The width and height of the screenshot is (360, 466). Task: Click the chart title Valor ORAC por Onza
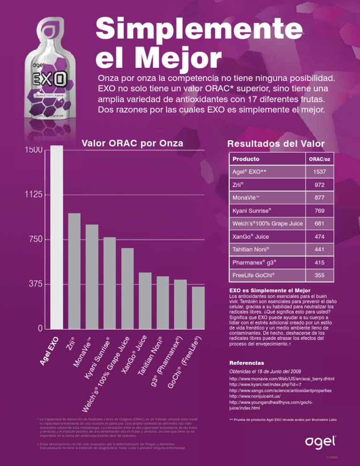coord(132,143)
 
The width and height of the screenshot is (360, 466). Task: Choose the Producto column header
coord(247,159)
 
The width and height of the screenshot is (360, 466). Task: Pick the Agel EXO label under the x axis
coord(50,349)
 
